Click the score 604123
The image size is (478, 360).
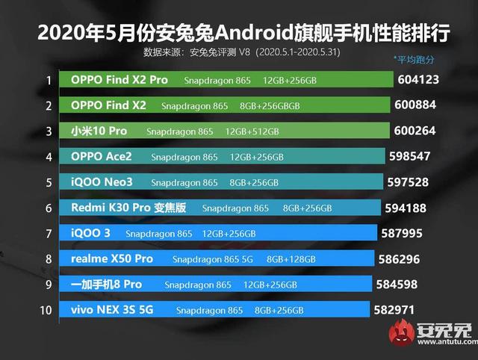pyautogui.click(x=426, y=79)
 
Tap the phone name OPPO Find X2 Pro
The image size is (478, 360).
pyautogui.click(x=119, y=79)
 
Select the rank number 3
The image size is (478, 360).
pyautogui.click(x=49, y=131)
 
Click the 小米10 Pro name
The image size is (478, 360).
pyautogui.click(x=99, y=131)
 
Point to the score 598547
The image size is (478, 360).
pyautogui.click(x=418, y=157)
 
